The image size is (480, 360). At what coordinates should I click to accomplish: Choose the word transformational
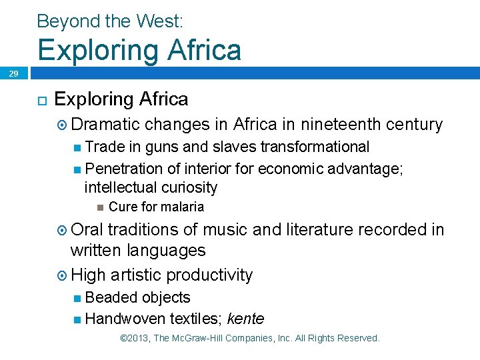point(315,147)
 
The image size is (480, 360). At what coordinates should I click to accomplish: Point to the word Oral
point(86,230)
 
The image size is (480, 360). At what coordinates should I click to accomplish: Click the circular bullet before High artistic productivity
point(61,275)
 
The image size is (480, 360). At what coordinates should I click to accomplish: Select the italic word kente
point(245,319)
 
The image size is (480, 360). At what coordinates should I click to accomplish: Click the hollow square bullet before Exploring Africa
point(41,100)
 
